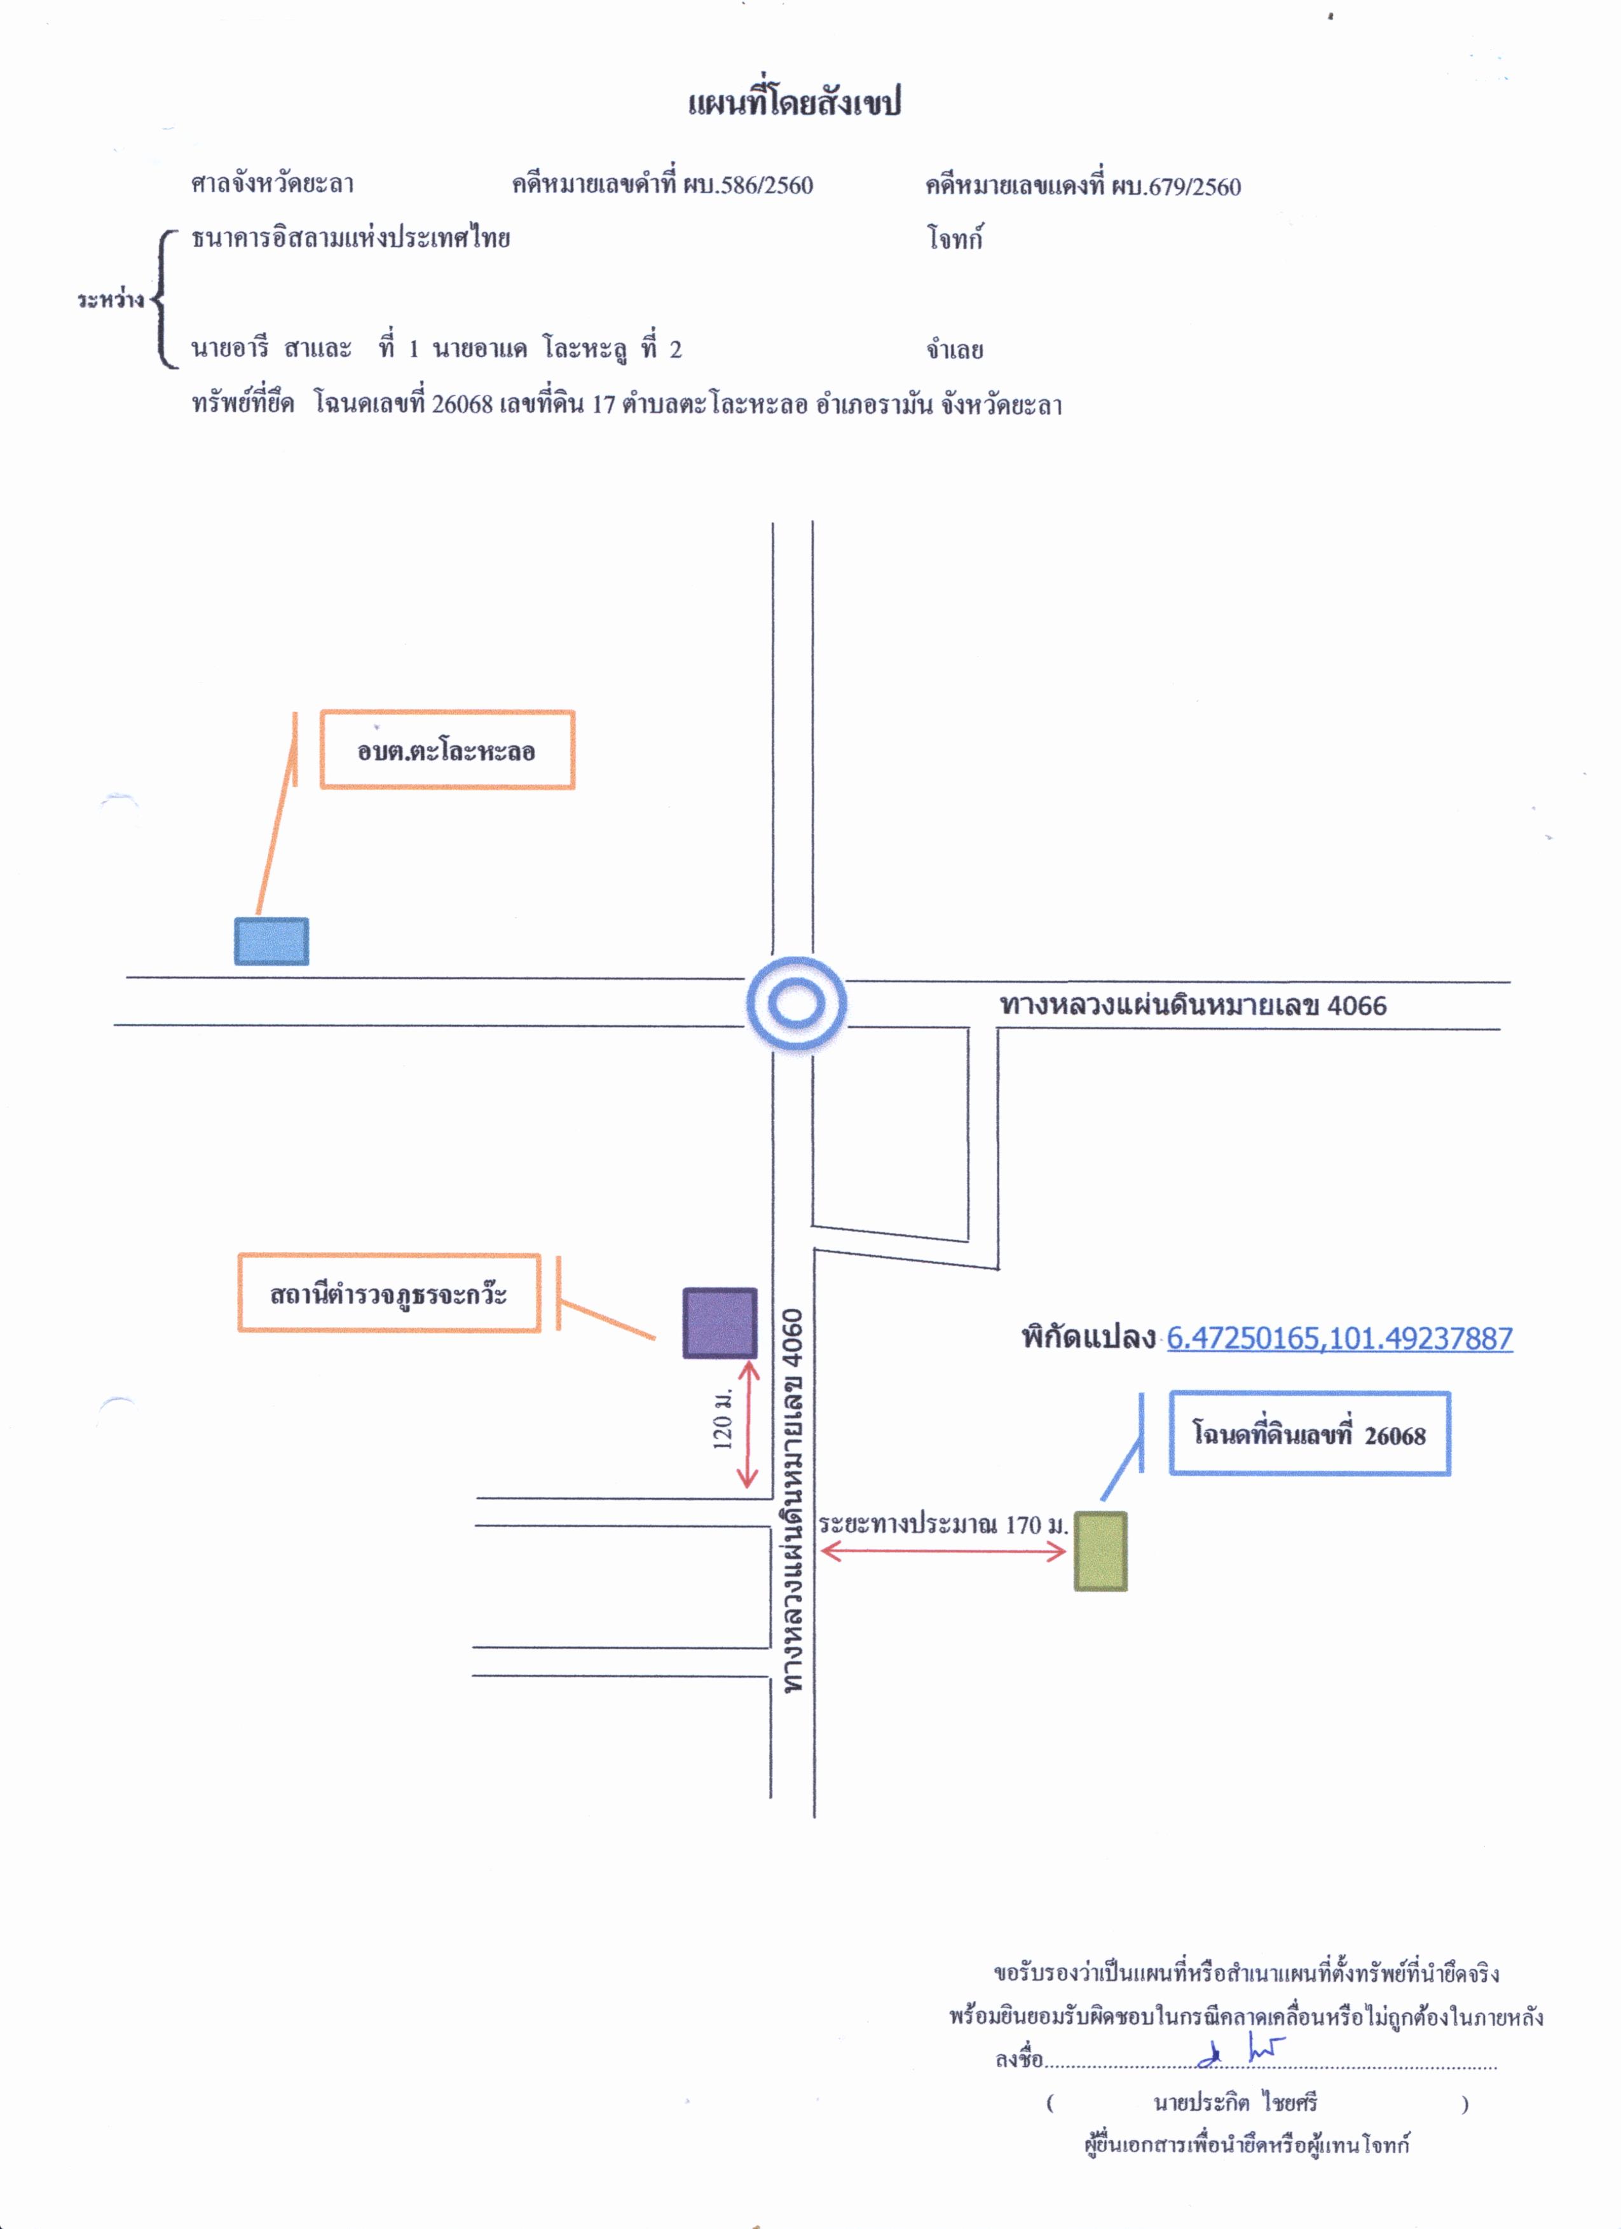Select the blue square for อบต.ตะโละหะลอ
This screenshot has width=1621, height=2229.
(271, 941)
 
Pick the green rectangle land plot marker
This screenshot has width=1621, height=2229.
(1100, 1551)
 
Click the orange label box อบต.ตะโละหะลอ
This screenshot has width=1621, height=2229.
(448, 750)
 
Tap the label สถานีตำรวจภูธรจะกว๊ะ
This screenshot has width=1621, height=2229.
(389, 1293)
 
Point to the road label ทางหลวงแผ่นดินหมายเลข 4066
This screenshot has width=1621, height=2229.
(1193, 1005)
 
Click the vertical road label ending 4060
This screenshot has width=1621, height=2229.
(792, 1501)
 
